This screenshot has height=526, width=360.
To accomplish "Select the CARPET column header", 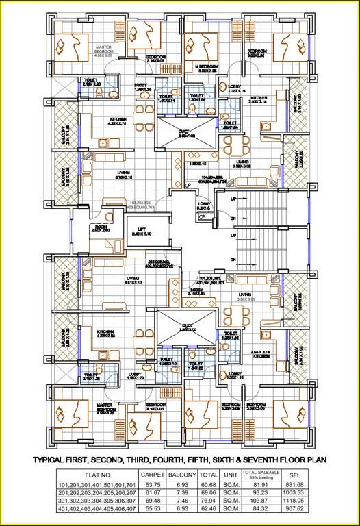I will [x=153, y=474].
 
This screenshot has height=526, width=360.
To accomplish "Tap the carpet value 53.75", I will [x=153, y=485].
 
